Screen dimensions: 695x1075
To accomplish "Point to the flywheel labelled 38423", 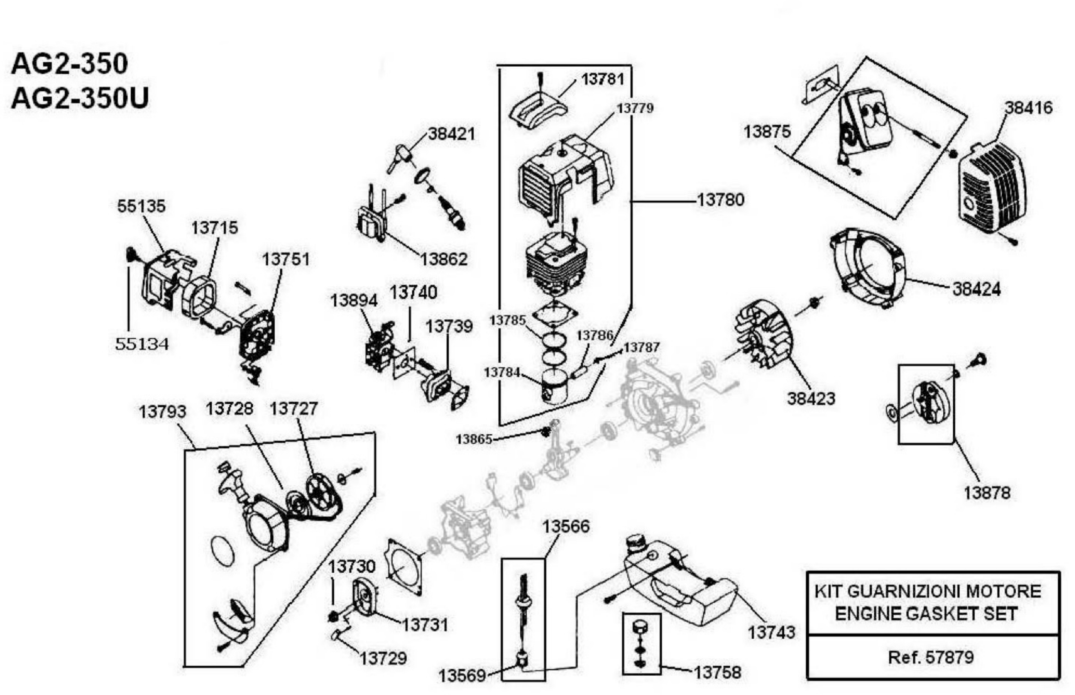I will pos(762,334).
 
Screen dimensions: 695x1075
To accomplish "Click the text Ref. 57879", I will pos(931,657).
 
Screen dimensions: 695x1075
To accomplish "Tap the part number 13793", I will pos(162,412).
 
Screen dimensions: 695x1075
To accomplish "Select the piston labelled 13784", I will pos(555,387).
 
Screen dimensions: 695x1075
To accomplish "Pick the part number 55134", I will pos(142,344).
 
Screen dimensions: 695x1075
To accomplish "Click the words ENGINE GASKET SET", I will pos(926,614).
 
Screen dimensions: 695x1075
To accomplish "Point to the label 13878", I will pos(987,493).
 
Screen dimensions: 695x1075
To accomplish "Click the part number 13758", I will pos(717,672).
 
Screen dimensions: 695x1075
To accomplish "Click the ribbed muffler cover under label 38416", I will pos(992,190).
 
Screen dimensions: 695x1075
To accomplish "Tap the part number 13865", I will pos(474,439).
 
